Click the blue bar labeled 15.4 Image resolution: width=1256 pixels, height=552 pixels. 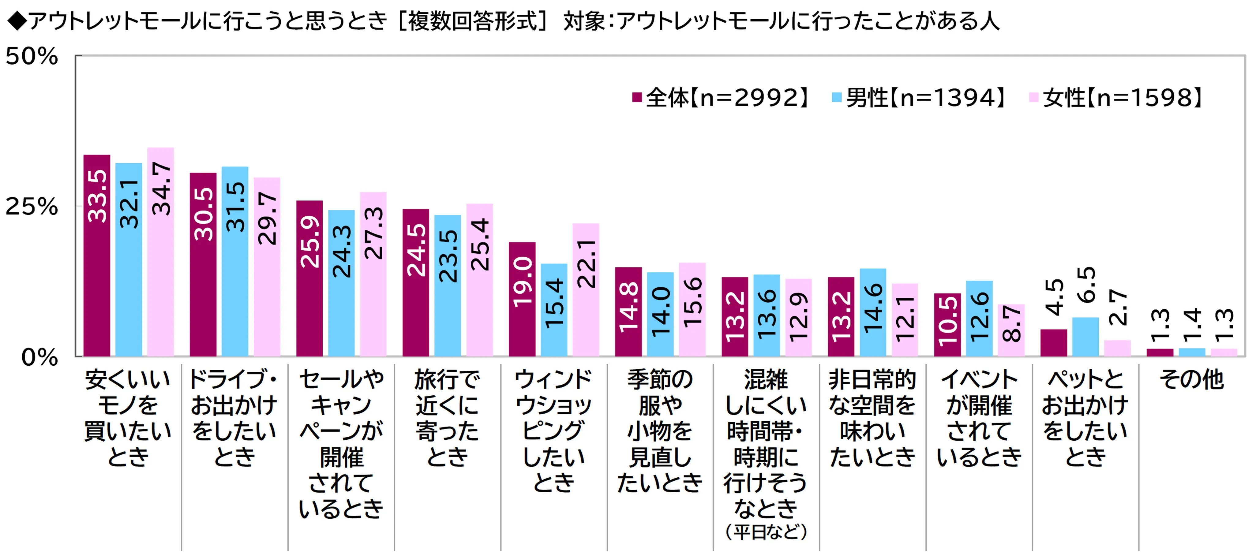coord(554,310)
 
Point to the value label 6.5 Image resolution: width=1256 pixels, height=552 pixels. coord(1086,285)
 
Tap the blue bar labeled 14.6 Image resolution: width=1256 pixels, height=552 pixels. coord(873,312)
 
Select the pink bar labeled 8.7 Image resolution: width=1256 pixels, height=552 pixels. coord(1011,330)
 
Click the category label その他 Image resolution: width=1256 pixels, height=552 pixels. coord(1192,379)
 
